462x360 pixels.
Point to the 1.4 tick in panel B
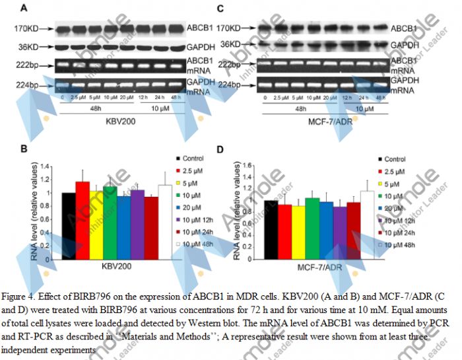coord(46,165)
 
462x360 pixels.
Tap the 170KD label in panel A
coord(30,28)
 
